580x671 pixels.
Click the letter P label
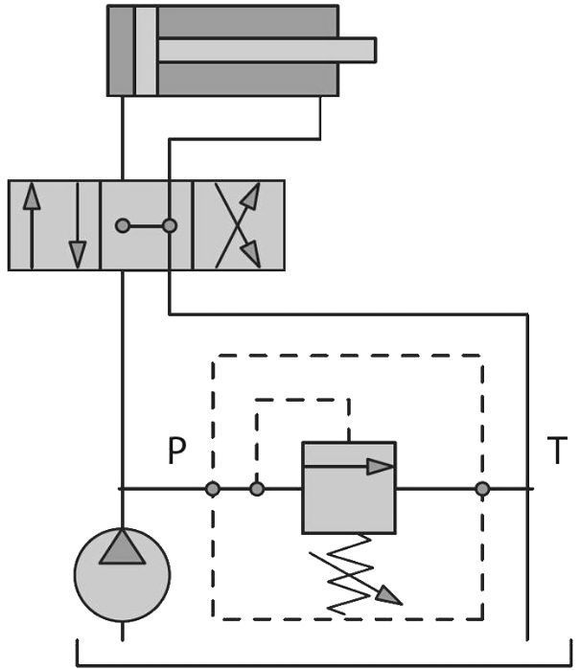pyautogui.click(x=174, y=451)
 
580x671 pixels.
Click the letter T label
pyautogui.click(x=557, y=451)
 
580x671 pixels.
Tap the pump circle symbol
pyautogui.click(x=122, y=574)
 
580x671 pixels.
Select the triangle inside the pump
pyautogui.click(x=122, y=546)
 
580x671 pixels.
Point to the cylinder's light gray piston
pyautogui.click(x=145, y=50)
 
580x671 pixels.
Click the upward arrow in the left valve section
pyautogui.click(x=33, y=224)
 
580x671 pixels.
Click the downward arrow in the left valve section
pyautogui.click(x=77, y=224)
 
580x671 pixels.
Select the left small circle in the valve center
pyautogui.click(x=123, y=226)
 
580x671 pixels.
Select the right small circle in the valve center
pyautogui.click(x=170, y=226)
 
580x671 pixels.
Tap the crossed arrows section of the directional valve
pyautogui.click(x=238, y=224)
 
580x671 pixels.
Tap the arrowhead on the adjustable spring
pyautogui.click(x=387, y=595)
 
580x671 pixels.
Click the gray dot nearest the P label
pyautogui.click(x=213, y=489)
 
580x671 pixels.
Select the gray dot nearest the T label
pyautogui.click(x=482, y=489)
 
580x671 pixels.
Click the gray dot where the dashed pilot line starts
pyautogui.click(x=257, y=489)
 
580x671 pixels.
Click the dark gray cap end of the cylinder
pyautogui.click(x=121, y=50)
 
